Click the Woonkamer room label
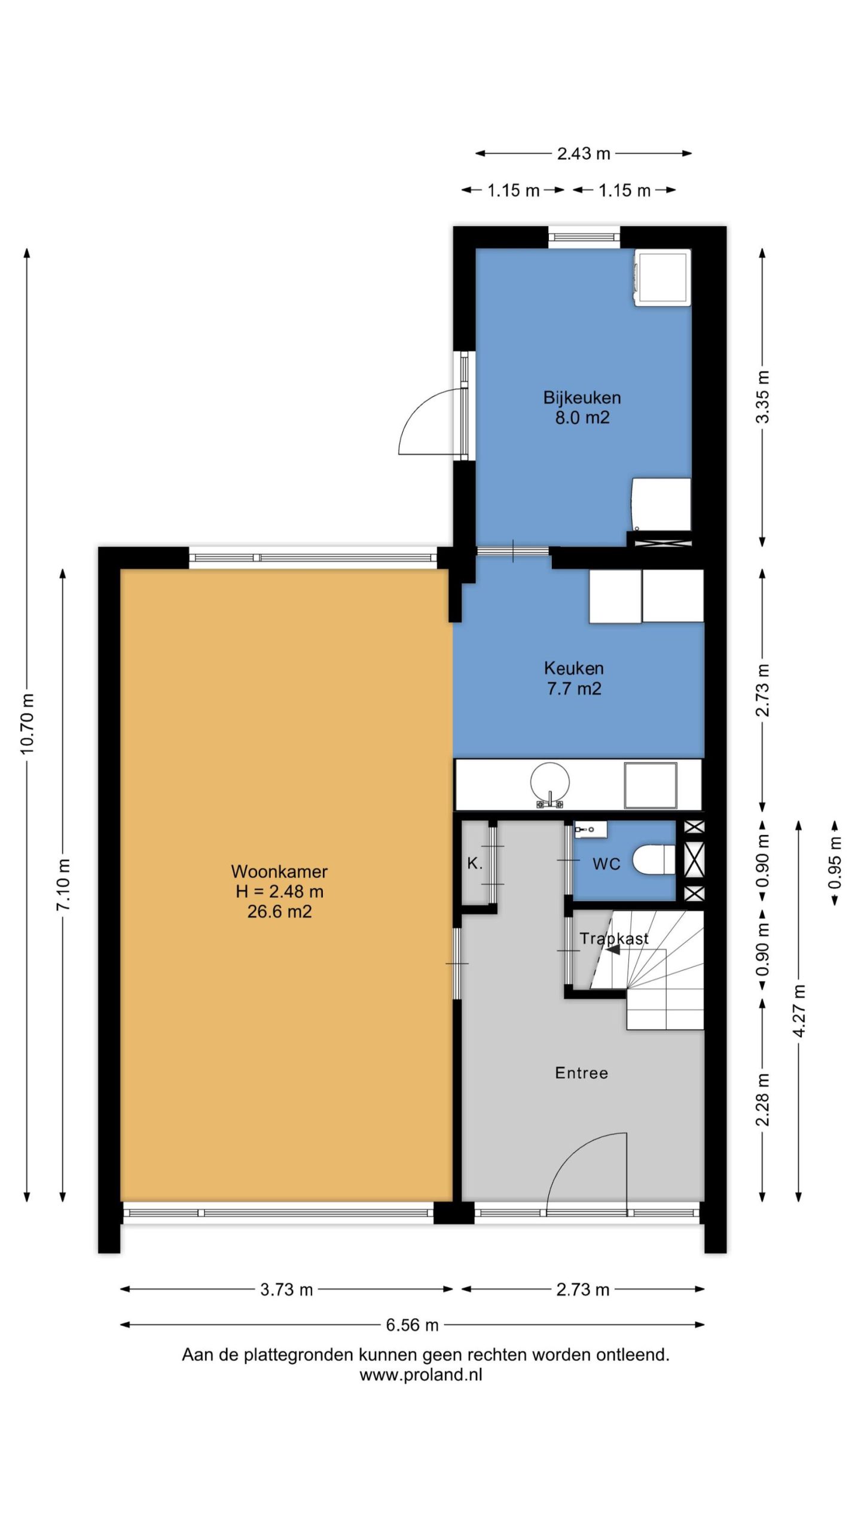pyautogui.click(x=279, y=871)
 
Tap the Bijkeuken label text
pyautogui.click(x=582, y=398)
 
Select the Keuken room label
pyautogui.click(x=573, y=668)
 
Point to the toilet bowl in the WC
pyautogui.click(x=654, y=859)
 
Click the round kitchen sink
pyautogui.click(x=549, y=782)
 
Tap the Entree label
pyautogui.click(x=581, y=1073)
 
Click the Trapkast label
pyautogui.click(x=613, y=939)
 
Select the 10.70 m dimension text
pyautogui.click(x=28, y=724)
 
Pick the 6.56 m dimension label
pyautogui.click(x=412, y=1325)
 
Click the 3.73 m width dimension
pyautogui.click(x=286, y=1289)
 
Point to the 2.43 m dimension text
pyautogui.click(x=584, y=154)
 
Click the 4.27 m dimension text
pyautogui.click(x=799, y=1011)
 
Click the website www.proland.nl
pyautogui.click(x=421, y=1375)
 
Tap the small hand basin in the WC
pyautogui.click(x=591, y=829)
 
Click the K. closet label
pyautogui.click(x=474, y=863)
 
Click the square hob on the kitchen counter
pyautogui.click(x=651, y=785)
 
